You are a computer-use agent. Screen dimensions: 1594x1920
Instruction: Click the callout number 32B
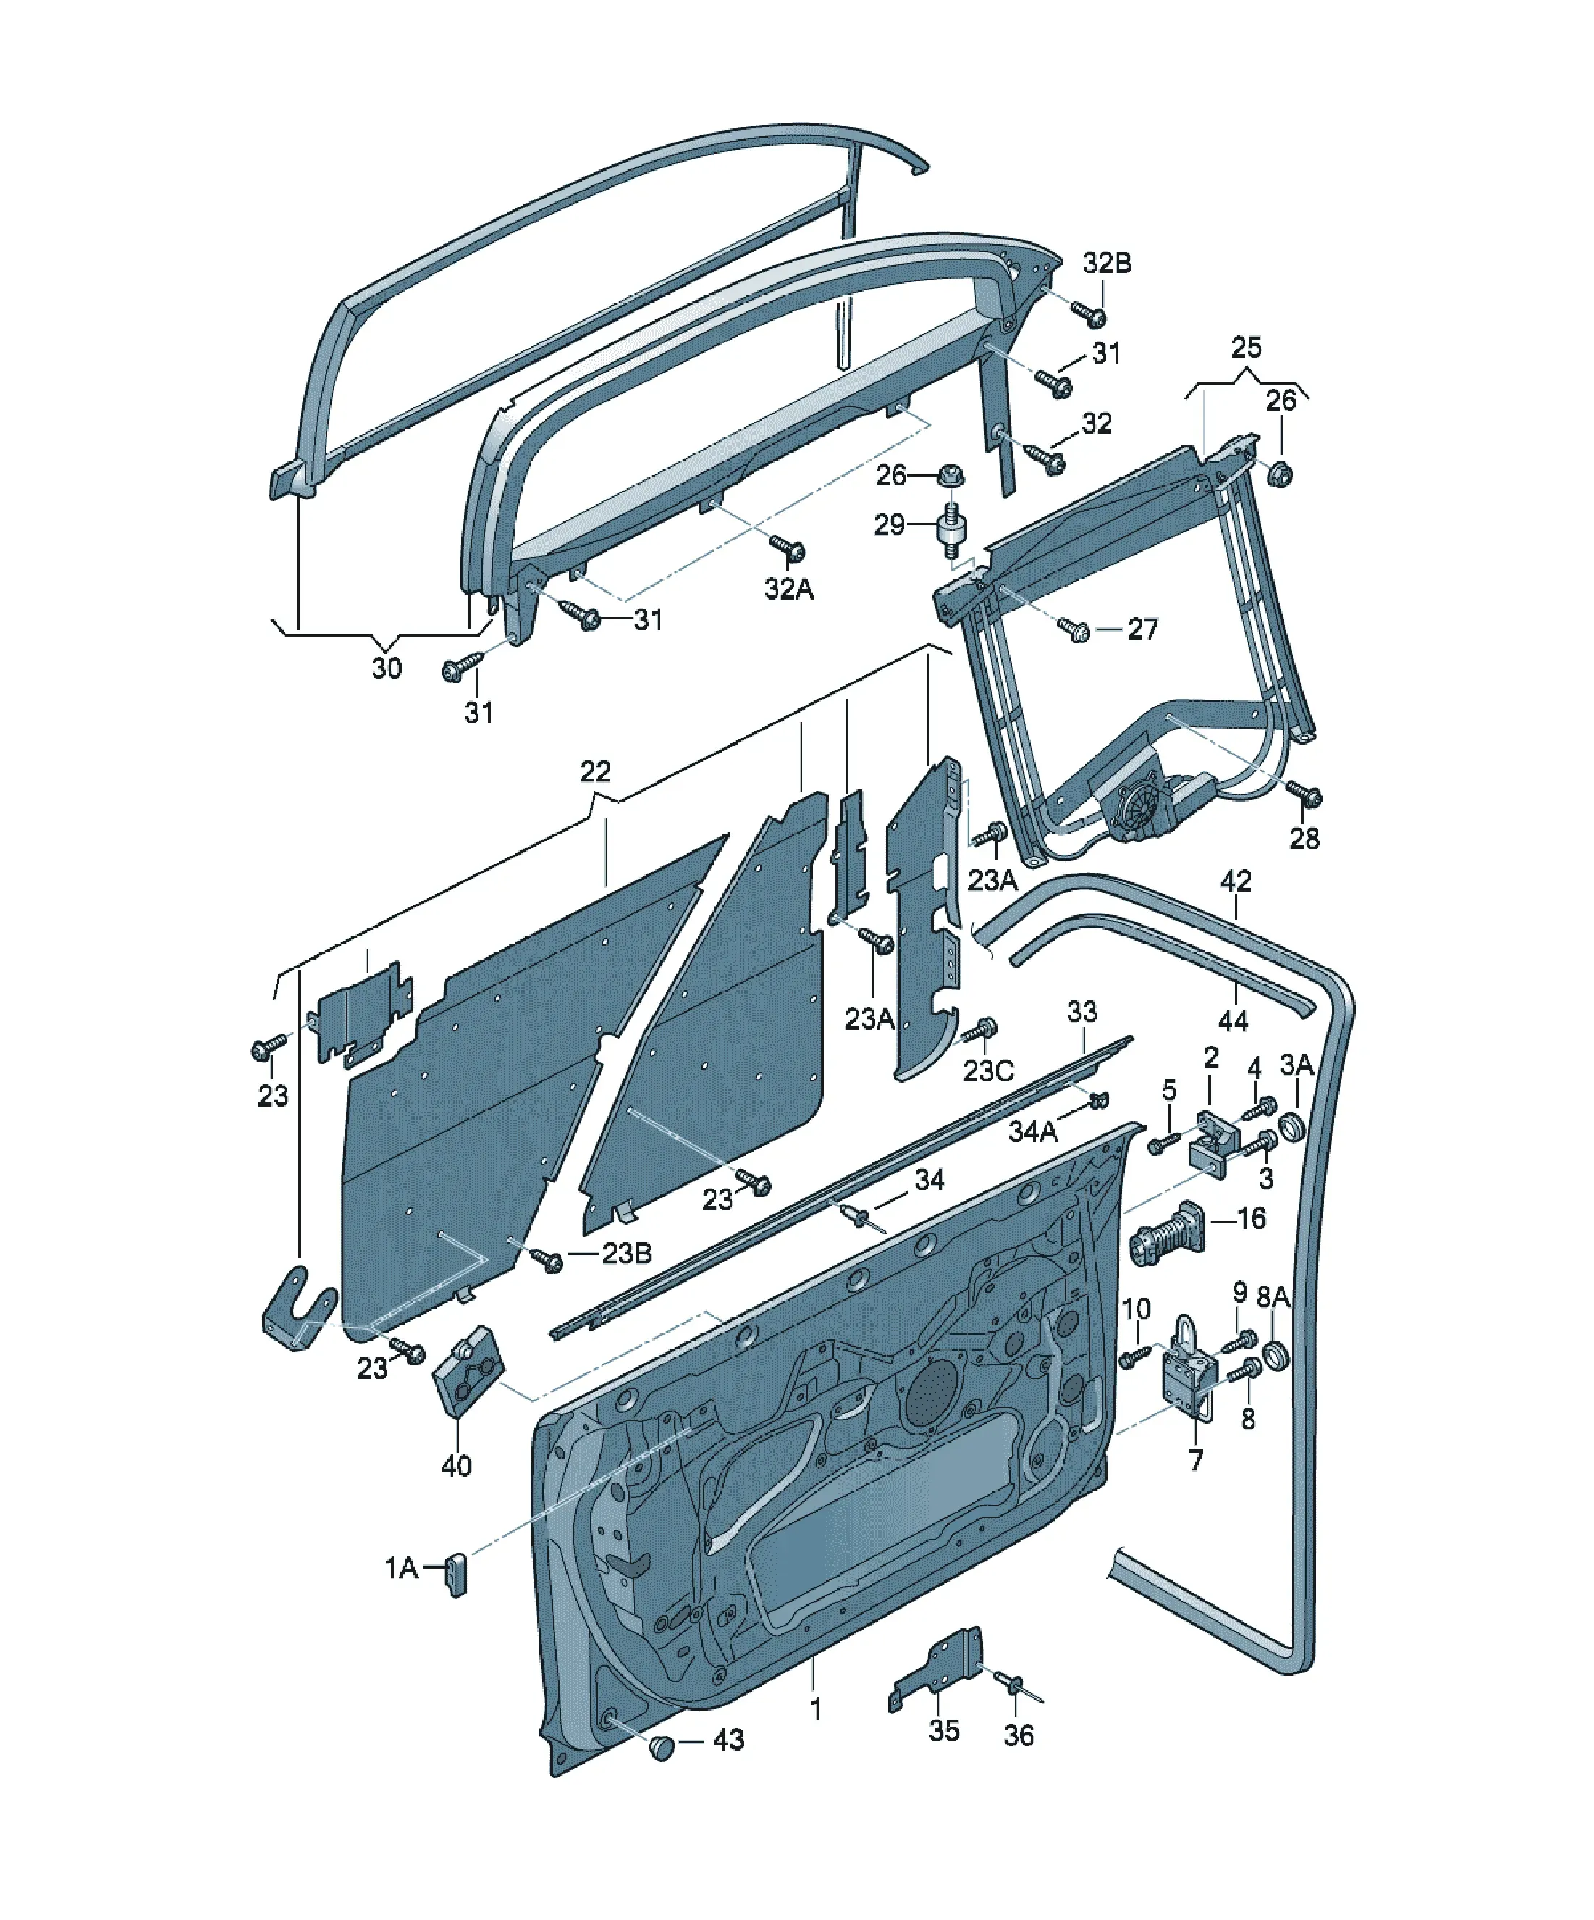(x=1107, y=264)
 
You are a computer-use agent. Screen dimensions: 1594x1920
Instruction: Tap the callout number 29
(x=890, y=525)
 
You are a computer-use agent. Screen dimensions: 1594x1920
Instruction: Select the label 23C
(x=988, y=1070)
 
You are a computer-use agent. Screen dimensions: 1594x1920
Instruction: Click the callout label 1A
(x=401, y=1569)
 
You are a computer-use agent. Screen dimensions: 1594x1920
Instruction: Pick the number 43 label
(x=728, y=1739)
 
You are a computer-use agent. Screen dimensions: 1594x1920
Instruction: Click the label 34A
(x=1033, y=1131)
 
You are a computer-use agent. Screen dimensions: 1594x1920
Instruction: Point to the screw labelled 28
(x=1304, y=794)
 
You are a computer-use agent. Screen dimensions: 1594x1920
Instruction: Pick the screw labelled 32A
(x=788, y=548)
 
